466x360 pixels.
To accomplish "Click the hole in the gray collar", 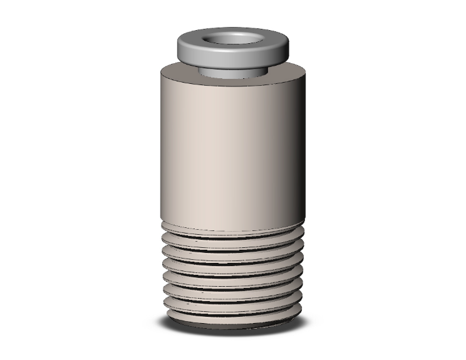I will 233,39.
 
